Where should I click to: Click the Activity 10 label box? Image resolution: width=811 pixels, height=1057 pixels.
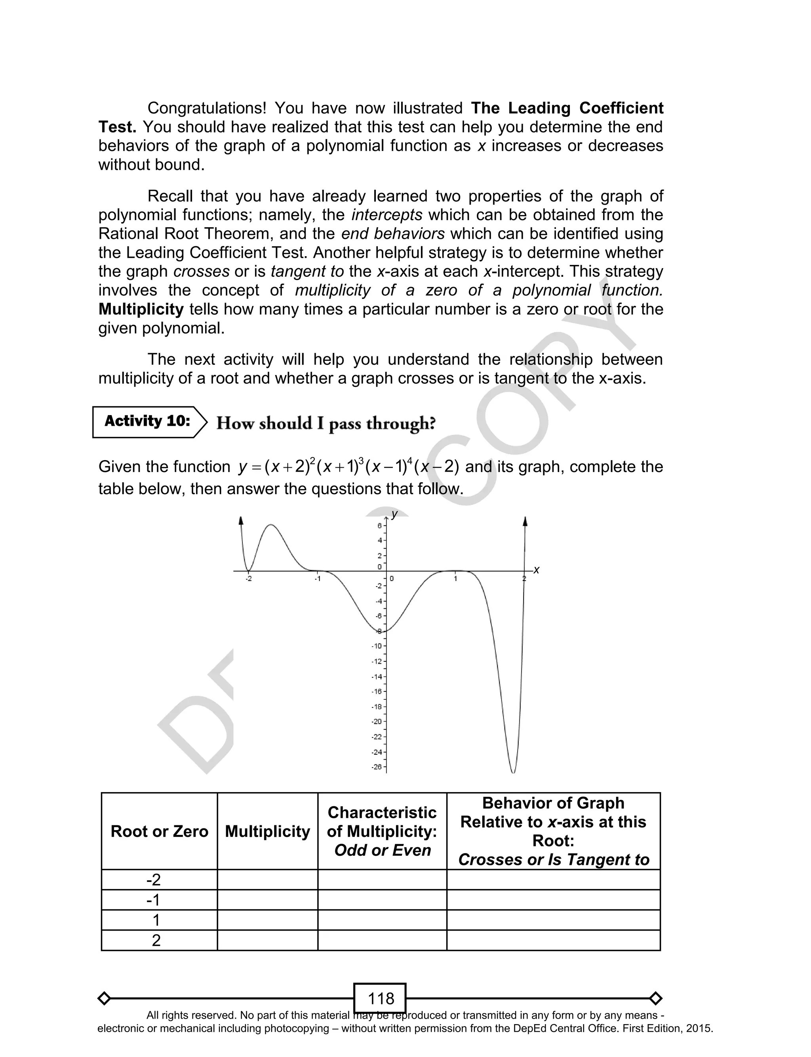pyautogui.click(x=147, y=422)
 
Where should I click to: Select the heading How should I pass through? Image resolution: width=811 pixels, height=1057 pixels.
pyautogui.click(x=326, y=423)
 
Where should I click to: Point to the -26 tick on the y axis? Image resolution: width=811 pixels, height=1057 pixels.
pyautogui.click(x=377, y=767)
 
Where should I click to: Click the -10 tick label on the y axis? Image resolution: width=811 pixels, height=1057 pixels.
pyautogui.click(x=377, y=646)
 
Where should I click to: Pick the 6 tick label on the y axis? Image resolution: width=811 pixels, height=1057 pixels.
pyautogui.click(x=379, y=526)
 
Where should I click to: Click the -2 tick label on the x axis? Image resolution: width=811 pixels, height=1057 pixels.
pyautogui.click(x=248, y=579)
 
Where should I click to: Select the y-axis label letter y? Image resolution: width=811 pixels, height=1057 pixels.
pyautogui.click(x=394, y=514)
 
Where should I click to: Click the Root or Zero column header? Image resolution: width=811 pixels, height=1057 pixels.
pyautogui.click(x=159, y=831)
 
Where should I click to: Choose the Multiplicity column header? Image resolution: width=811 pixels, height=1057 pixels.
pyautogui.click(x=267, y=831)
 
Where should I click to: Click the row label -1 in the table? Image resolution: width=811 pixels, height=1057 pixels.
pyautogui.click(x=154, y=900)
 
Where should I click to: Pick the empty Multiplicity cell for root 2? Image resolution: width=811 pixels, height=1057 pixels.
pyautogui.click(x=267, y=940)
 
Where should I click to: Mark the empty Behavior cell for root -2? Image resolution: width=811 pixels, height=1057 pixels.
pyautogui.click(x=553, y=880)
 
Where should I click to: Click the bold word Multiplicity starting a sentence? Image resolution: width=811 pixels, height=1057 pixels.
pyautogui.click(x=141, y=309)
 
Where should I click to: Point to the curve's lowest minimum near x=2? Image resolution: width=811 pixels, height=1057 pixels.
pyautogui.click(x=513, y=772)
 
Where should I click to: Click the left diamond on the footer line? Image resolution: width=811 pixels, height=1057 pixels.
pyautogui.click(x=104, y=998)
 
